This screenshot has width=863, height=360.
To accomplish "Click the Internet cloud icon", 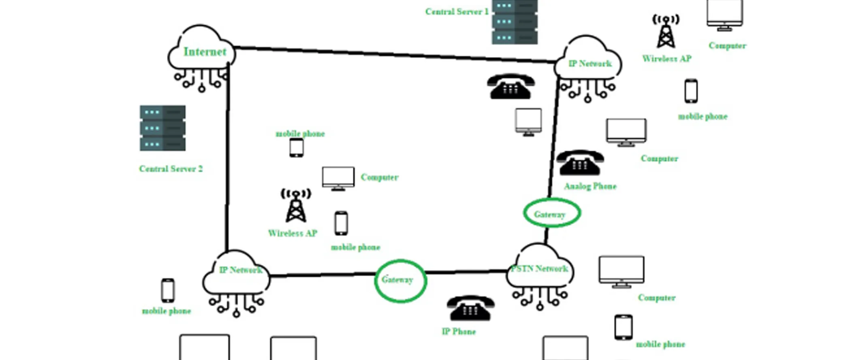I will point(202,51).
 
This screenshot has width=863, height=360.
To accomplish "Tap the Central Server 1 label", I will point(457,12).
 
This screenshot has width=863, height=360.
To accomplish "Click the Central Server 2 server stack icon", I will point(162,128).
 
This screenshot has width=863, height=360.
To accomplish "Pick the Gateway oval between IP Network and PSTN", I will point(400,281).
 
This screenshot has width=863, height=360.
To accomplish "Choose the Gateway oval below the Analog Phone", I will point(551,213).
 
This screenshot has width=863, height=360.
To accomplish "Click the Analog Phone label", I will point(590,186).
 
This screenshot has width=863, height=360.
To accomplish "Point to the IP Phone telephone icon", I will point(470,308).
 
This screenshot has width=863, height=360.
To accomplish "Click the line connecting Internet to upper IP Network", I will point(393,54).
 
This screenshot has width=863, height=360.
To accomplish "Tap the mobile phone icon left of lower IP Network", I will point(168,290).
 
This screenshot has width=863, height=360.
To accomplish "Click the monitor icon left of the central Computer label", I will point(338,178).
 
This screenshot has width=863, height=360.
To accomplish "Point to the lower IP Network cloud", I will point(236,273).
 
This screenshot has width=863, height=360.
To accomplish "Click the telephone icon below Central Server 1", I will point(511,86).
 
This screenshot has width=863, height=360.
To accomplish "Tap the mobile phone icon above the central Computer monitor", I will point(296,147).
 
